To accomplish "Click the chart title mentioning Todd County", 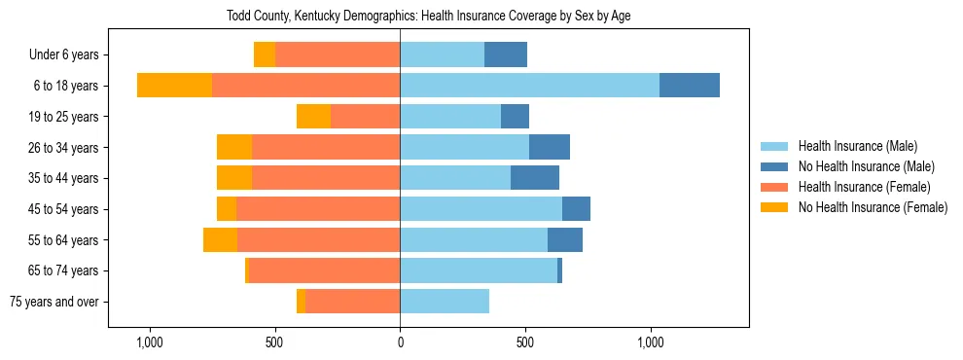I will click(428, 17).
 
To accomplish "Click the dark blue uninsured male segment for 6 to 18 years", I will click(689, 86).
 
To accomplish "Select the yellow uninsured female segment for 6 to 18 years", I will click(174, 86).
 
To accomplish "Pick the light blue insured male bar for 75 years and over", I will click(445, 302).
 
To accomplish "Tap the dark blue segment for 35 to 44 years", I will click(534, 178).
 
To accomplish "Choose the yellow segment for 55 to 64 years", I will click(220, 240).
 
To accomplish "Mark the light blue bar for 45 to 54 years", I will click(481, 209).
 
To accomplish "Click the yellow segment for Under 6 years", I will click(265, 55).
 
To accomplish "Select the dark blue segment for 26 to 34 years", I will click(549, 148).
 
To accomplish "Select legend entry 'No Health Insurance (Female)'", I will click(873, 207).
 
